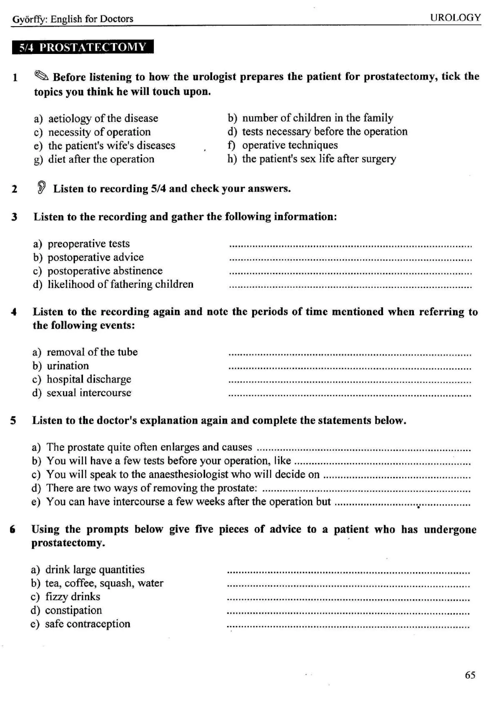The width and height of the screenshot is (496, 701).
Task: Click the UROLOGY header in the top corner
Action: click(x=455, y=18)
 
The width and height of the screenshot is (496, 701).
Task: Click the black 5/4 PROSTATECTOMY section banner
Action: click(x=83, y=47)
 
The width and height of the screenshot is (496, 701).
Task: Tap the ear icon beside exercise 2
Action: click(x=42, y=187)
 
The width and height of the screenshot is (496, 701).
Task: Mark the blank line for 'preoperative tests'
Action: click(x=350, y=245)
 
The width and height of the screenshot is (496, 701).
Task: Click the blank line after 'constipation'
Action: click(x=348, y=612)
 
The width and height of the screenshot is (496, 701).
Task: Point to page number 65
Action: click(x=470, y=675)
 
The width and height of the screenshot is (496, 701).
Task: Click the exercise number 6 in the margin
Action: click(x=13, y=529)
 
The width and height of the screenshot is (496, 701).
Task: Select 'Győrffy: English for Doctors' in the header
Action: click(x=73, y=19)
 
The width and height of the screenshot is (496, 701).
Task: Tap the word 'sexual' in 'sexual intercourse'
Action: click(x=61, y=393)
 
